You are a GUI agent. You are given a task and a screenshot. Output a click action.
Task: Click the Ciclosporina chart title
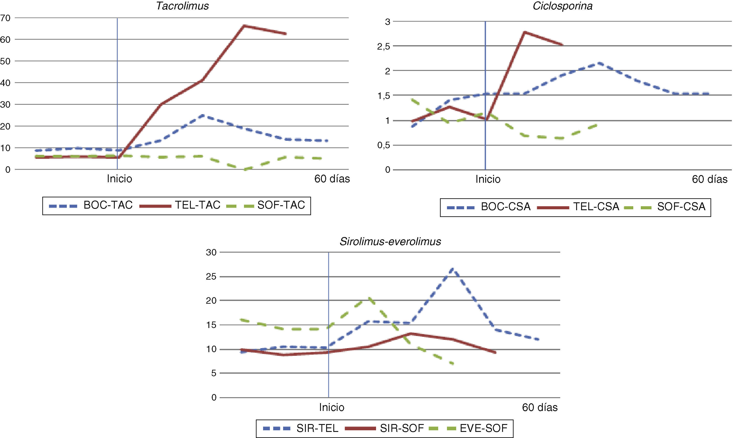tap(562, 6)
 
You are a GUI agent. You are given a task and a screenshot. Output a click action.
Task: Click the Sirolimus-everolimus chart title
tap(390, 242)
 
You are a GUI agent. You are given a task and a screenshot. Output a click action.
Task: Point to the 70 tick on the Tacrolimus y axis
tap(5, 18)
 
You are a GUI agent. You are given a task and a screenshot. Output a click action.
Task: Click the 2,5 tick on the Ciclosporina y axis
tap(383, 46)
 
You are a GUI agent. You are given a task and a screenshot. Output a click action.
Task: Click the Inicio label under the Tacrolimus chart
tap(119, 179)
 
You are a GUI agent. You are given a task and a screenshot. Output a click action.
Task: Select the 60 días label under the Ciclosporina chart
tap(709, 179)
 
